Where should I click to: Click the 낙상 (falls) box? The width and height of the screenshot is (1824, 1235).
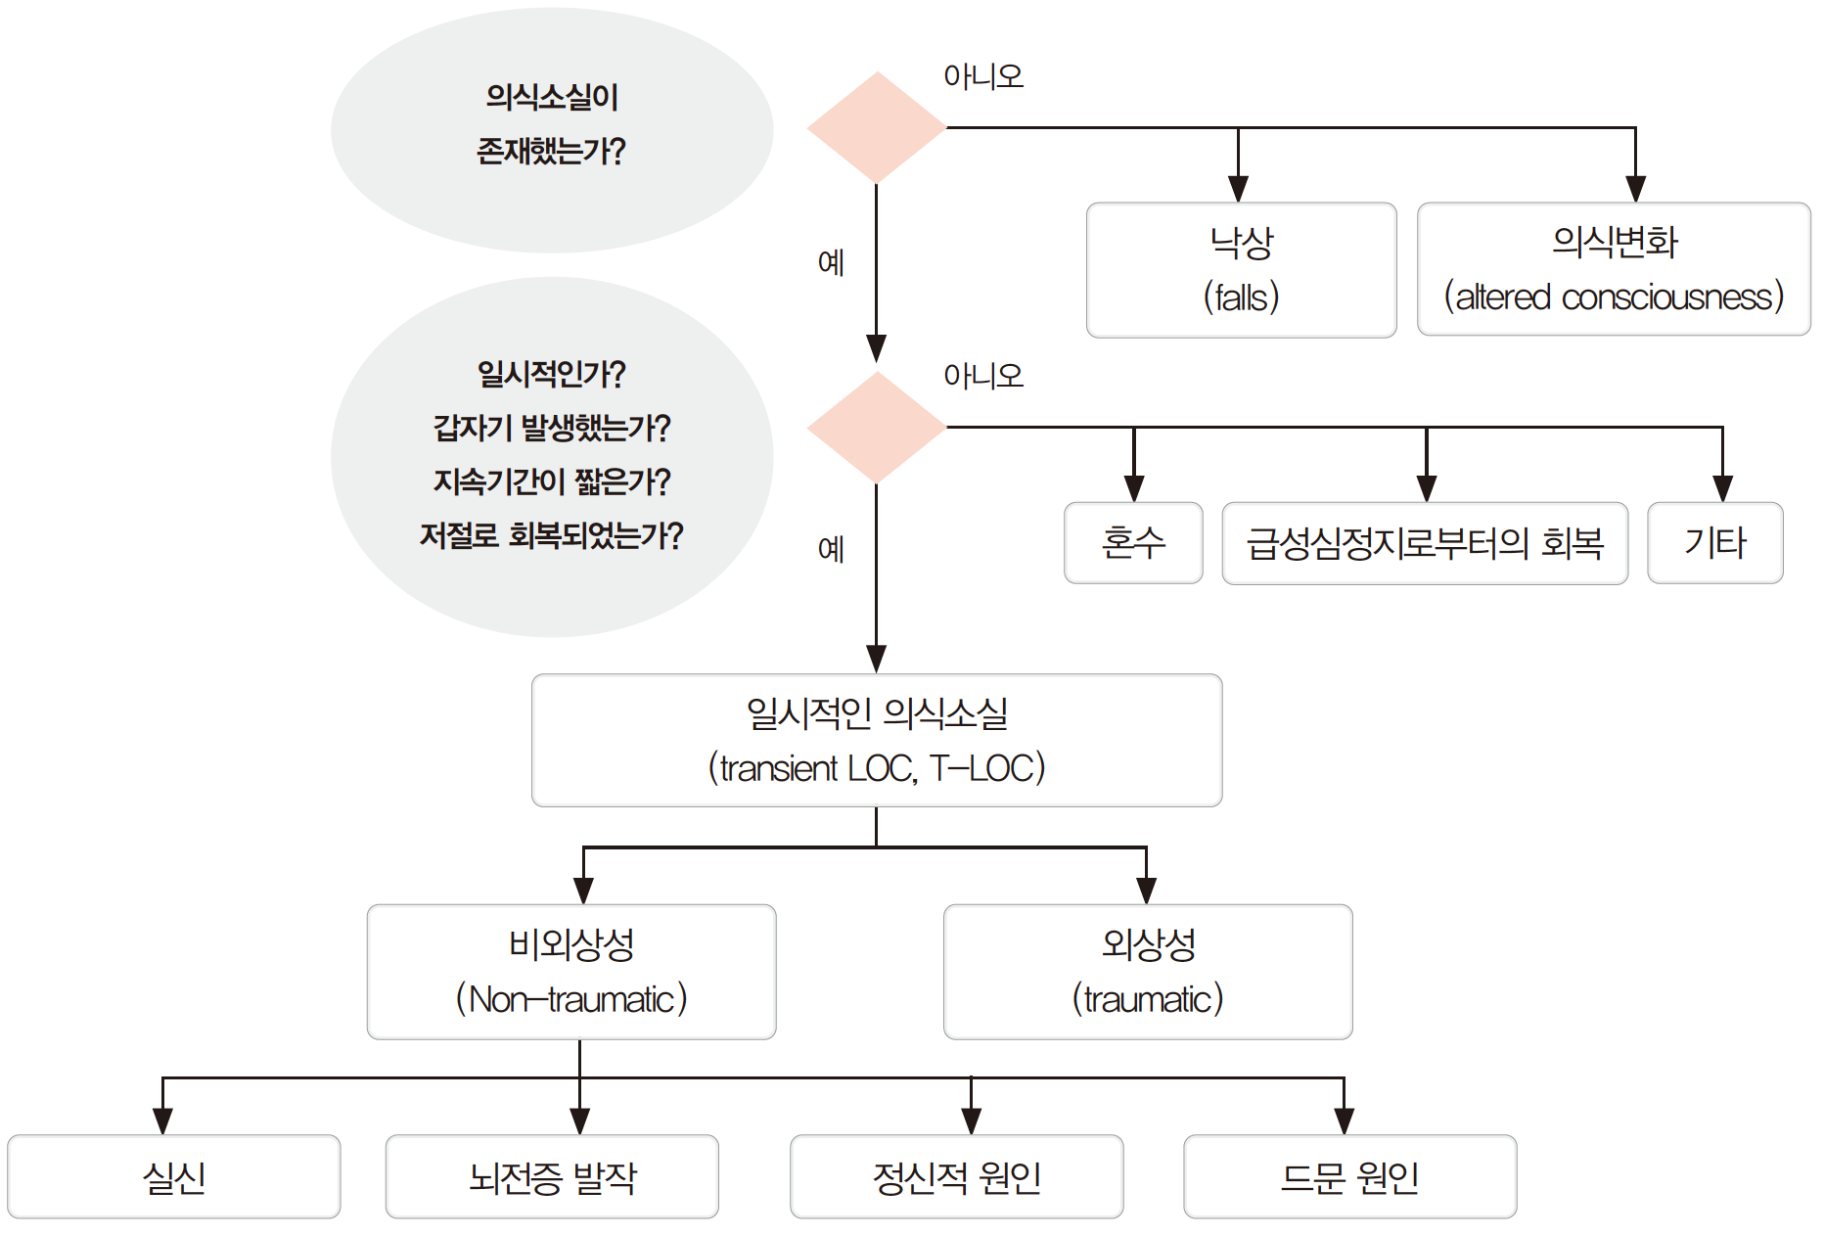coord(1241,270)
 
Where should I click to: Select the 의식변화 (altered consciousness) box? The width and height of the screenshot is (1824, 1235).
coord(1614,269)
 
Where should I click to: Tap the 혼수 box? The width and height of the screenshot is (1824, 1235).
coord(1133,543)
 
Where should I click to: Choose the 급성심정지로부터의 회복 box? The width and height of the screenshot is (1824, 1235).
coord(1425,543)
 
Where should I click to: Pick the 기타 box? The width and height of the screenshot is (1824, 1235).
coord(1714,543)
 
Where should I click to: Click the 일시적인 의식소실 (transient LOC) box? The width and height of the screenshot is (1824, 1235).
coord(877,740)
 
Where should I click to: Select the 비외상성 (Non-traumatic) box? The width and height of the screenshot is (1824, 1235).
coord(571,972)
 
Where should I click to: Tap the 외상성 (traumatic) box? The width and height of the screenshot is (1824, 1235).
coord(1148,972)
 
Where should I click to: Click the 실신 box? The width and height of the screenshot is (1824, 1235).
coord(174,1176)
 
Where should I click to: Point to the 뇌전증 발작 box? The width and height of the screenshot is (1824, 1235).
coord(552,1176)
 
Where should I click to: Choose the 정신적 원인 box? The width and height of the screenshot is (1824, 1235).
coord(956,1176)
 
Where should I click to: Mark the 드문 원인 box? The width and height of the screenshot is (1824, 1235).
coord(1349,1176)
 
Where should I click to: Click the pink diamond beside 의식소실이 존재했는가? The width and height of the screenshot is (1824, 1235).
coord(877,127)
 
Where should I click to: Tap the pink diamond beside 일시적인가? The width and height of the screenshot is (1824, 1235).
coord(877,427)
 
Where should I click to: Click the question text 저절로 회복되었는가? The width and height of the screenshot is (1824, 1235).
coord(552,535)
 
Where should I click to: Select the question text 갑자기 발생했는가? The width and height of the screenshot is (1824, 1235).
coord(552,428)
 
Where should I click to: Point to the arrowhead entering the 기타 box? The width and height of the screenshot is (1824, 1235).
coord(1722,488)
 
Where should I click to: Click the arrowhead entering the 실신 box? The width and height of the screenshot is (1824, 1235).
coord(162,1121)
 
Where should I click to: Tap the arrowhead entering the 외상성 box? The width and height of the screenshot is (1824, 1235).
coord(1146,890)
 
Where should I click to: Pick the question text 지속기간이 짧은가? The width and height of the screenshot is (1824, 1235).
coord(552,481)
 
